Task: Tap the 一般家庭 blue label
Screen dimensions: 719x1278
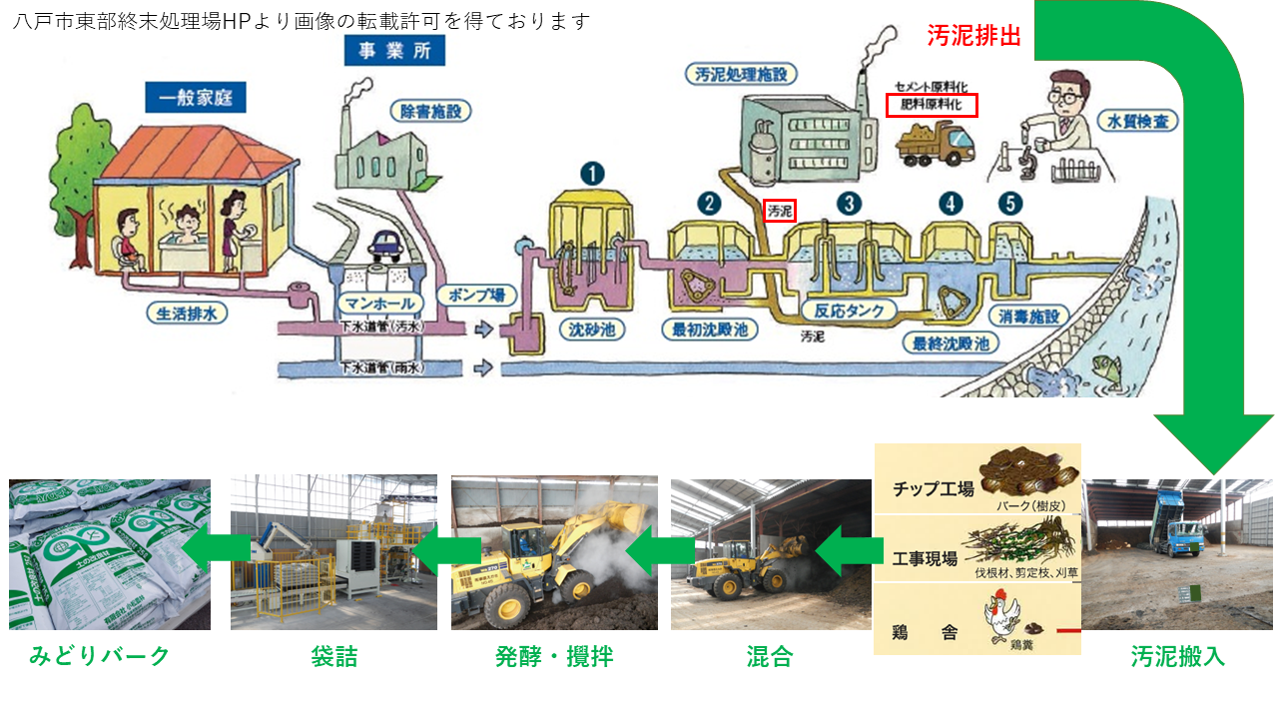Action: pos(196,98)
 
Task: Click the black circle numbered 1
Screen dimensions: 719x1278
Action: pos(593,174)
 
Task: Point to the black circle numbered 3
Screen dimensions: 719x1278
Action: pos(849,204)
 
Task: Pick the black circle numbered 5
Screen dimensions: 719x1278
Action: pos(1012,204)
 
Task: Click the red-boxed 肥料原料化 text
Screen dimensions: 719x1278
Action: pos(932,104)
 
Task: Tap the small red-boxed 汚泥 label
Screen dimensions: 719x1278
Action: pos(779,211)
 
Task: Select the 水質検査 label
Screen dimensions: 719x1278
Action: pos(1137,122)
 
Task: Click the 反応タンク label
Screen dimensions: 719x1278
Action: pos(850,311)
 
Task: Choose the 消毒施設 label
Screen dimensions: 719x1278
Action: pos(1028,317)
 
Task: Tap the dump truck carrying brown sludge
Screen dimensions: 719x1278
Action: pos(935,143)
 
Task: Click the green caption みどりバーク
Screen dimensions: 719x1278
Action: pos(100,656)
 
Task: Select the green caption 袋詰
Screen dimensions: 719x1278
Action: pos(333,656)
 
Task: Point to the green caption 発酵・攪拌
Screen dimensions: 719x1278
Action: pos(554,656)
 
